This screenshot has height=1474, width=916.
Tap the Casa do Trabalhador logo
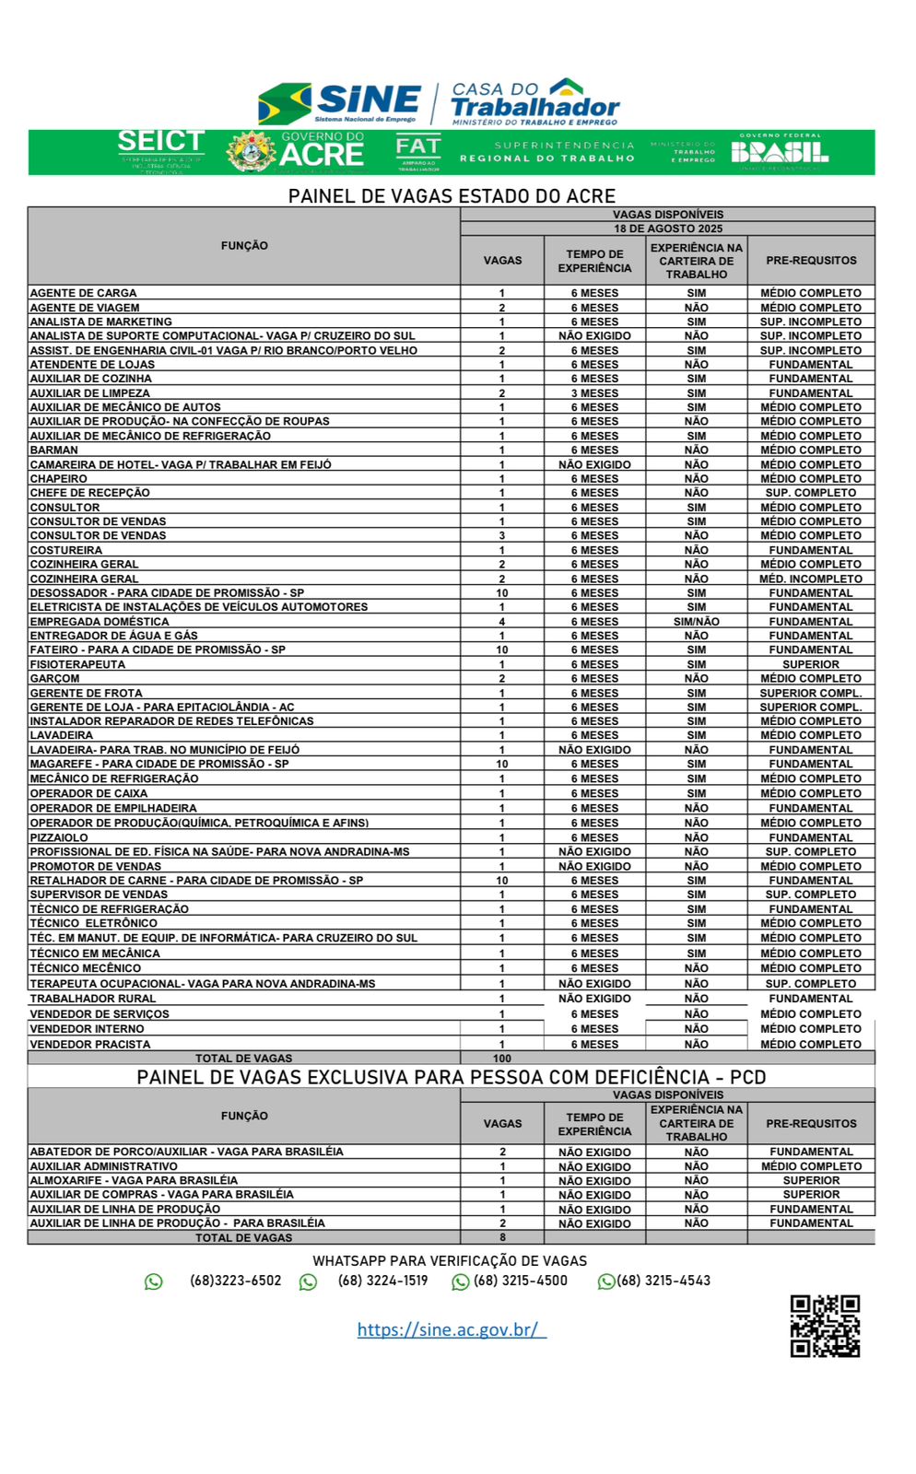pos(534,101)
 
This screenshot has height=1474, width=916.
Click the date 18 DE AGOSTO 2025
pos(668,228)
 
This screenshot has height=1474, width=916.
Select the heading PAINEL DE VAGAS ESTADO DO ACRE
pos(452,196)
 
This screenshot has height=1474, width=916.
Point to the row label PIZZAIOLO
pos(59,837)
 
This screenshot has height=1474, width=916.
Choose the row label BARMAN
pos(54,450)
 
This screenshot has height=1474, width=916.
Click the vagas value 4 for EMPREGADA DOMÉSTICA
pos(502,622)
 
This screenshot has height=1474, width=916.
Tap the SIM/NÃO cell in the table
pos(697,622)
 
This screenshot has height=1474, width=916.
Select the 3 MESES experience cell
pos(594,393)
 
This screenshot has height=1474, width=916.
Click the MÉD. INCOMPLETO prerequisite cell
pos(811,579)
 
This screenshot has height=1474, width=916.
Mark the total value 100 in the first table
pos(502,1059)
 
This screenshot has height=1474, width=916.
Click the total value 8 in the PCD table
pos(502,1237)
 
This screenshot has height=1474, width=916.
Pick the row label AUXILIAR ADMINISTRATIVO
pos(104,1166)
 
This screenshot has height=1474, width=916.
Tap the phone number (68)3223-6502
pos(236,1281)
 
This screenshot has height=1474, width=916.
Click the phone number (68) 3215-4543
pos(664,1281)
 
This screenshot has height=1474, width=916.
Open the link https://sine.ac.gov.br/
pos(452,1329)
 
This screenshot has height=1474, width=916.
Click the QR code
pos(825,1326)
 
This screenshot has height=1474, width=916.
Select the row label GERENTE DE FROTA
pos(87,693)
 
